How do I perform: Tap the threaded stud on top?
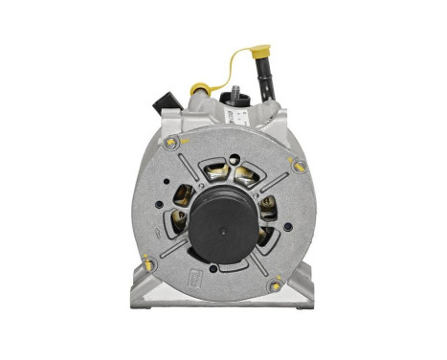(x=234, y=94)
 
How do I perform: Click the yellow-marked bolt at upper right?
(x=299, y=165)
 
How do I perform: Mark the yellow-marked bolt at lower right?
(x=276, y=285)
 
